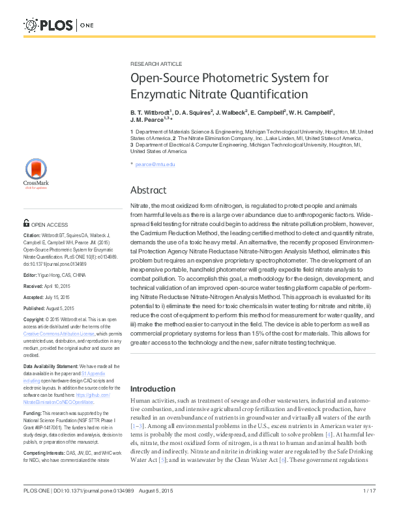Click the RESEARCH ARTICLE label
[156, 64]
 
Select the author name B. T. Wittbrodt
[151, 112]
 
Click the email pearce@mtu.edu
[155, 164]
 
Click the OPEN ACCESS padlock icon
[27, 223]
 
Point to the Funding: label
[33, 413]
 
